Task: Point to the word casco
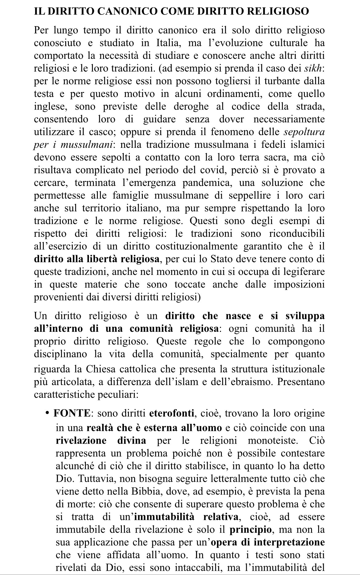click(103, 132)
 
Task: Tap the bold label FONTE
click(72, 413)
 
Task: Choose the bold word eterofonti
click(172, 413)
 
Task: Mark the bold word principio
click(250, 530)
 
